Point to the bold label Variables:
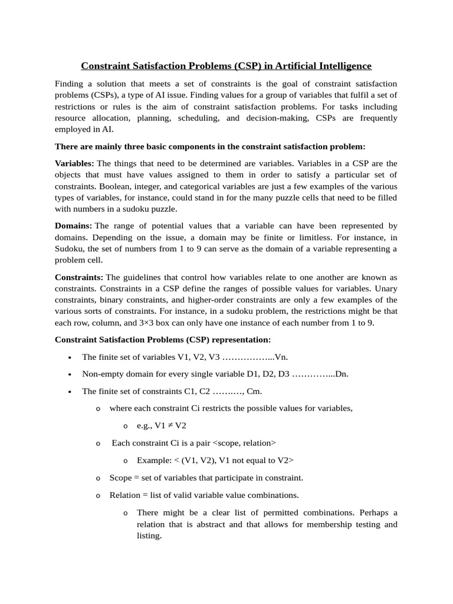point(74,163)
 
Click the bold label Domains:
point(73,226)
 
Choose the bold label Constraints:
point(79,277)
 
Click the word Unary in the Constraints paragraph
point(384,288)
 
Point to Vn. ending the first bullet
point(281,357)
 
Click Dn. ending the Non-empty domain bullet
point(342,374)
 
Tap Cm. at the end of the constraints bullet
point(254,391)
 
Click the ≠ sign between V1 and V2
point(169,425)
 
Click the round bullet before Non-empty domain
point(71,375)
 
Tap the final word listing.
point(149,536)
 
